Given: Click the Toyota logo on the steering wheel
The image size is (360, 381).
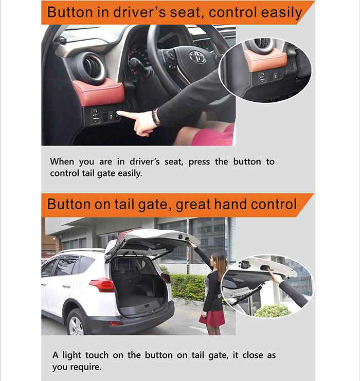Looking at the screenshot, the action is point(197,57).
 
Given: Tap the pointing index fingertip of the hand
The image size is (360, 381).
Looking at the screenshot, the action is point(118,113).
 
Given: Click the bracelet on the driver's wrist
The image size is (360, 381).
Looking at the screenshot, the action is point(155,117).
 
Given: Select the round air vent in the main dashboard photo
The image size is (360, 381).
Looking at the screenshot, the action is point(92,67).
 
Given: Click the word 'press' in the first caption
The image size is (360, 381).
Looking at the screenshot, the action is point(199,162).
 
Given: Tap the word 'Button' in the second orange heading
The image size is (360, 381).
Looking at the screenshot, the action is point(69,204).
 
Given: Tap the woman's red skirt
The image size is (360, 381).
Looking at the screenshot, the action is point(212,318).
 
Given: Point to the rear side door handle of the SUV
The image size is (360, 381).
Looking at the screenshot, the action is point(66,286).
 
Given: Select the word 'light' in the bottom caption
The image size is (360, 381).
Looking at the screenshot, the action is point(71,355).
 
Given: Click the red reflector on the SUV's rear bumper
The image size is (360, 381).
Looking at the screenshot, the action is point(116,323).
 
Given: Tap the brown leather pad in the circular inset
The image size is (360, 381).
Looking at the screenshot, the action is point(266,59).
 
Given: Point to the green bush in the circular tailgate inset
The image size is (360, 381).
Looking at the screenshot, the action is point(272,311).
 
